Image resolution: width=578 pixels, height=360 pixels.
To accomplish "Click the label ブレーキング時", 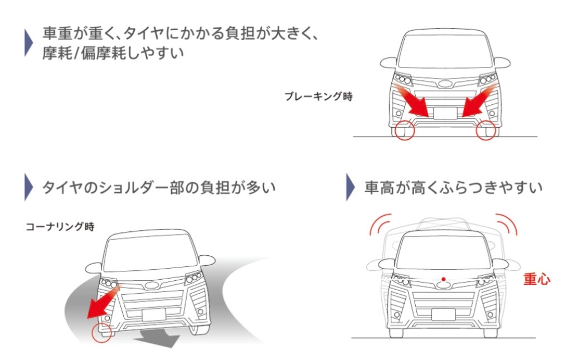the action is (318, 96).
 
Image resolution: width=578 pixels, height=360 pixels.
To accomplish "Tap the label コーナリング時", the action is (60, 226).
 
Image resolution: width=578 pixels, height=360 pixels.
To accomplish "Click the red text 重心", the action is (537, 279).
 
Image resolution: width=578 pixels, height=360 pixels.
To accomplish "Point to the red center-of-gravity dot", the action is (444, 279).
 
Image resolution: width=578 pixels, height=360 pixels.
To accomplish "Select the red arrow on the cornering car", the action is (103, 302).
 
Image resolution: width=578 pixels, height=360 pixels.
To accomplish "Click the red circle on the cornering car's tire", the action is (101, 332).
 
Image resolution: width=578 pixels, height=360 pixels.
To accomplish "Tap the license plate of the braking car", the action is (445, 113).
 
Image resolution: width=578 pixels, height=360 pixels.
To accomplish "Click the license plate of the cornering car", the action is (154, 315).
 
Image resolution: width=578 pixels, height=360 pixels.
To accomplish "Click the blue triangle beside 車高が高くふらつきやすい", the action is (350, 187).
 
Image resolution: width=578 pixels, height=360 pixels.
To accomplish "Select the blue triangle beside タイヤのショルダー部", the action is (28, 187).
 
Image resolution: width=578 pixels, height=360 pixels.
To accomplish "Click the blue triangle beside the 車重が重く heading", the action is (28, 43).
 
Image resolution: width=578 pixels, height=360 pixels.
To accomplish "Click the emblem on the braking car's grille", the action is (445, 84).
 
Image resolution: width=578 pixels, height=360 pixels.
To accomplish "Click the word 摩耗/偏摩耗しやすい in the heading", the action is (113, 53).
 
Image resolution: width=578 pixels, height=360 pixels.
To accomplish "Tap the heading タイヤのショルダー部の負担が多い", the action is (159, 187).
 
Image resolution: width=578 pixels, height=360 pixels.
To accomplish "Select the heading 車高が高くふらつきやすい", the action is (453, 187).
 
